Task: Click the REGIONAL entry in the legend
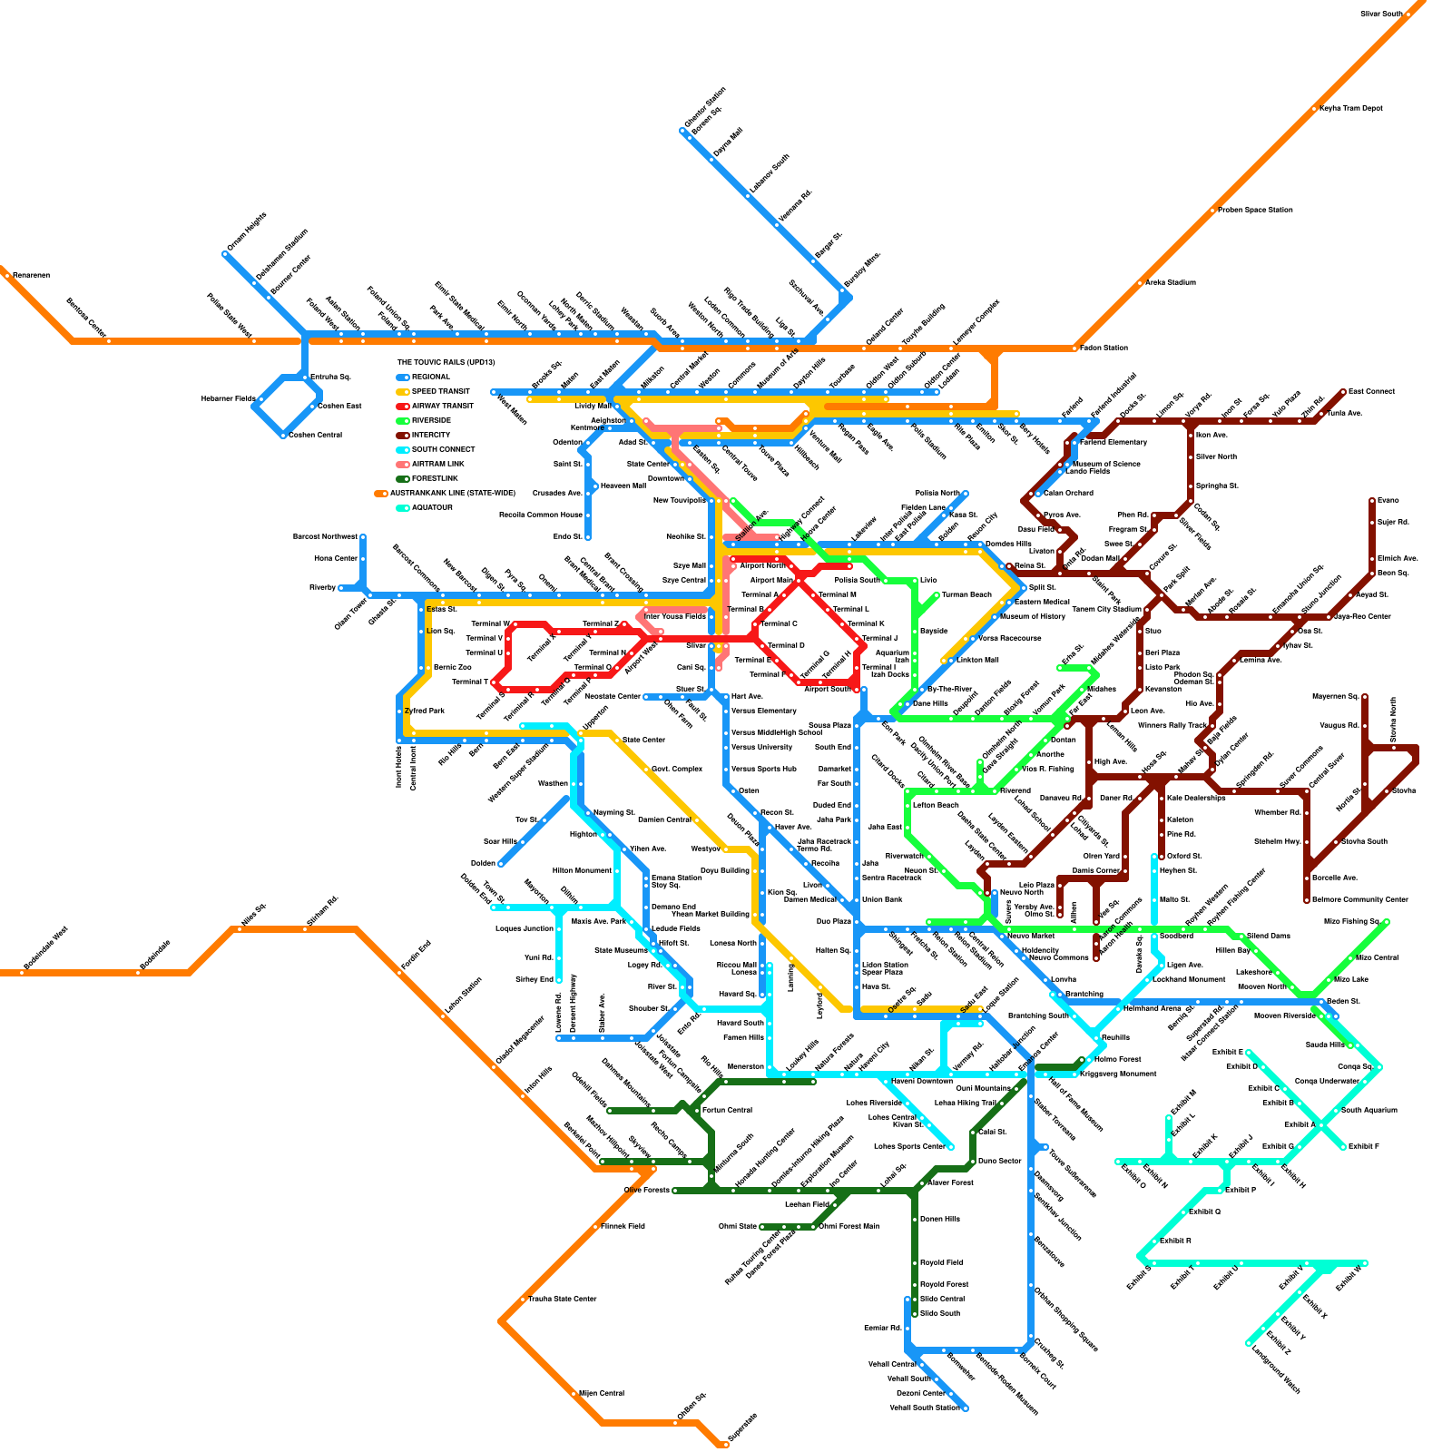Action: pyautogui.click(x=430, y=377)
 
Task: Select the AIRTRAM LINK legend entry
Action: pyautogui.click(x=437, y=464)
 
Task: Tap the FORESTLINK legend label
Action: pyautogui.click(x=435, y=478)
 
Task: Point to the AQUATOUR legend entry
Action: pyautogui.click(x=432, y=507)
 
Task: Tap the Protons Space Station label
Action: pyautogui.click(x=1255, y=210)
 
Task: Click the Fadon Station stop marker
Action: pyautogui.click(x=1075, y=348)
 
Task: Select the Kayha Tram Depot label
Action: pyautogui.click(x=1350, y=108)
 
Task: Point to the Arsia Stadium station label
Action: pyautogui.click(x=1170, y=282)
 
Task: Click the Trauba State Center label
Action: pyautogui.click(x=562, y=1299)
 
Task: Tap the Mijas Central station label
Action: pyautogui.click(x=601, y=1393)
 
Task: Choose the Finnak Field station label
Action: pyautogui.click(x=623, y=1226)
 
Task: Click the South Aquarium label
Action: pyautogui.click(x=1369, y=1110)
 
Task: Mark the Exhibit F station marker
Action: pyautogui.click(x=1344, y=1147)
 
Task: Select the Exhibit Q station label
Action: pyautogui.click(x=1204, y=1212)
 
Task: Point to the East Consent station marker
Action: pyautogui.click(x=1344, y=392)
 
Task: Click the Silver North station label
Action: pyautogui.click(x=1216, y=456)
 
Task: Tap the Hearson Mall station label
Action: pyautogui.click(x=623, y=486)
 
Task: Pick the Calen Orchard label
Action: pyautogui.click(x=1068, y=493)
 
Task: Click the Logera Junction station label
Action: pyautogui.click(x=525, y=928)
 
